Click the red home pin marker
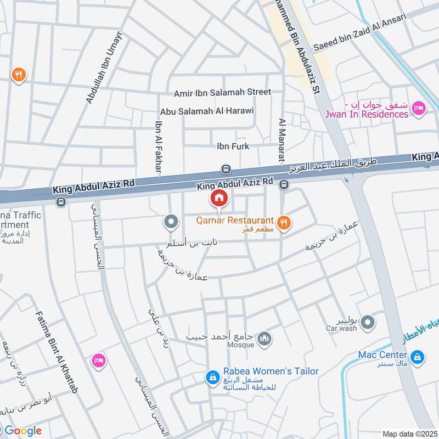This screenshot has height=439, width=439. pyautogui.click(x=219, y=198)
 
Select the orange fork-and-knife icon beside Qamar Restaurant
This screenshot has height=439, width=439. pyautogui.click(x=284, y=222)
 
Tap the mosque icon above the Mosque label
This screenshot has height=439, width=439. pyautogui.click(x=264, y=339)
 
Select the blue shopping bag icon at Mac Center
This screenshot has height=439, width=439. pyautogui.click(x=418, y=357)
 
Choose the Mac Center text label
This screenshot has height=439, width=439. pyautogui.click(x=383, y=354)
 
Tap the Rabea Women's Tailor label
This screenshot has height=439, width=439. pyautogui.click(x=271, y=372)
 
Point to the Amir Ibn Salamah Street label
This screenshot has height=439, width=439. pyautogui.click(x=222, y=92)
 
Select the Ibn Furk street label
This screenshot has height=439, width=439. pyautogui.click(x=233, y=146)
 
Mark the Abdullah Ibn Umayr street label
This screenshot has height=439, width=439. pyautogui.click(x=104, y=67)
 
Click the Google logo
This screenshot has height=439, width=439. pyautogui.click(x=22, y=431)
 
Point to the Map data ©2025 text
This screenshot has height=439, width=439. pyautogui.click(x=409, y=434)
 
